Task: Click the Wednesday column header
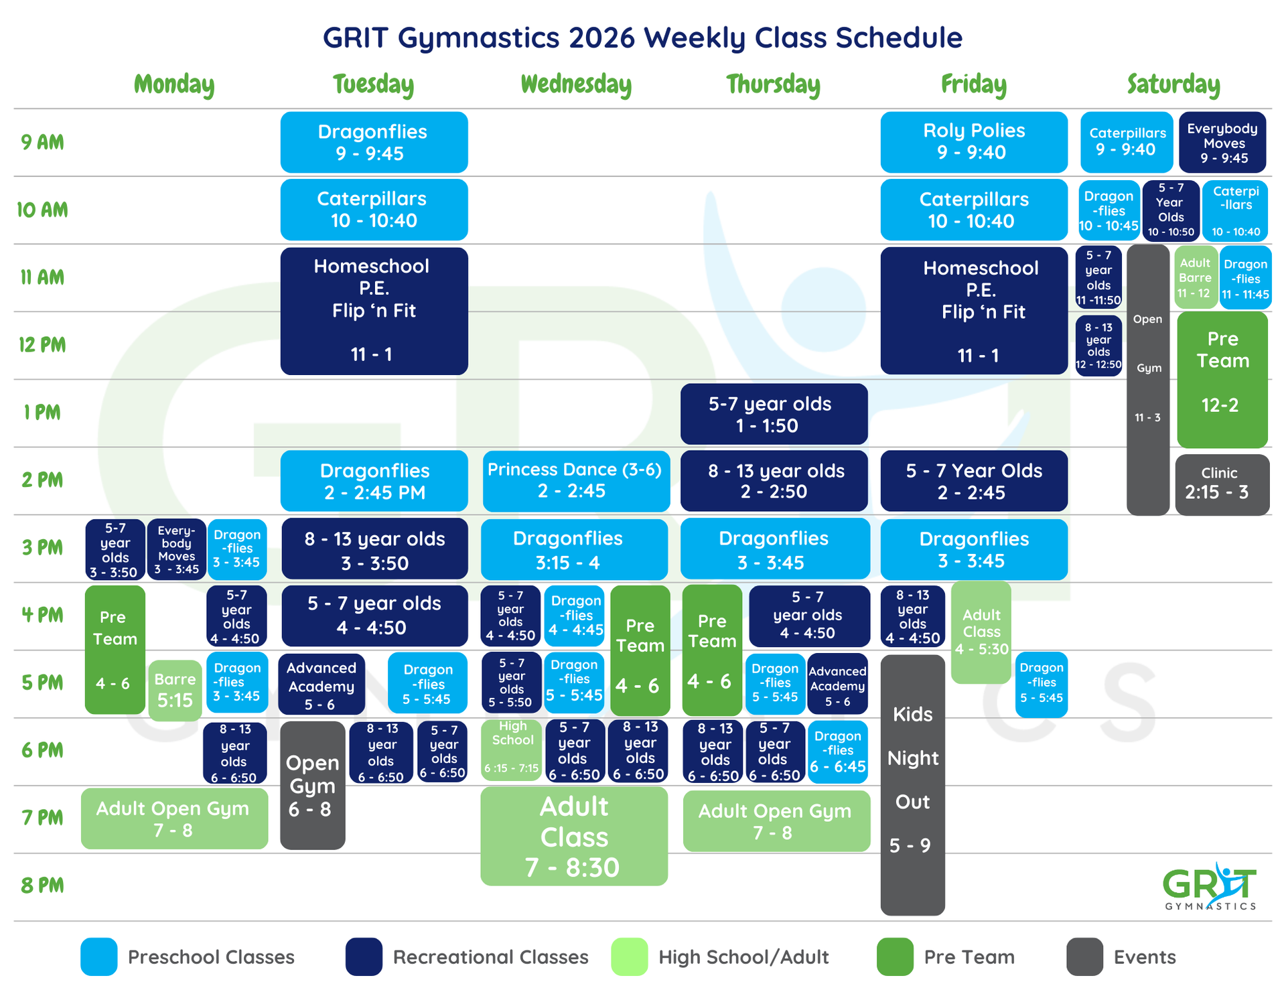(x=576, y=84)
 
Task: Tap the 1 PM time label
(x=42, y=413)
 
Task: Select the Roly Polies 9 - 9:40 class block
(x=973, y=142)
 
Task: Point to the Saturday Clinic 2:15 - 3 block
(x=1222, y=484)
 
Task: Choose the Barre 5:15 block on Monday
(x=175, y=690)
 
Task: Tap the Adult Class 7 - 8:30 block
(x=574, y=836)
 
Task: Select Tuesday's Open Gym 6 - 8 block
(x=312, y=785)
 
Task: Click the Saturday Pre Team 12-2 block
(x=1222, y=379)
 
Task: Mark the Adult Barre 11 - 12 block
(x=1196, y=277)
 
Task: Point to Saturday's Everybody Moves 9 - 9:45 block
(x=1222, y=142)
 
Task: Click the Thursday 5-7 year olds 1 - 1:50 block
(x=774, y=414)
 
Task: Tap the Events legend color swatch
(x=1084, y=956)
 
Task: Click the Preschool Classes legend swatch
(x=98, y=956)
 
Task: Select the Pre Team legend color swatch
(x=894, y=956)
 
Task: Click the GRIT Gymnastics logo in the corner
(x=1210, y=887)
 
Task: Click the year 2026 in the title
(x=601, y=38)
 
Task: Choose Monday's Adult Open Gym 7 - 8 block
(x=174, y=819)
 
